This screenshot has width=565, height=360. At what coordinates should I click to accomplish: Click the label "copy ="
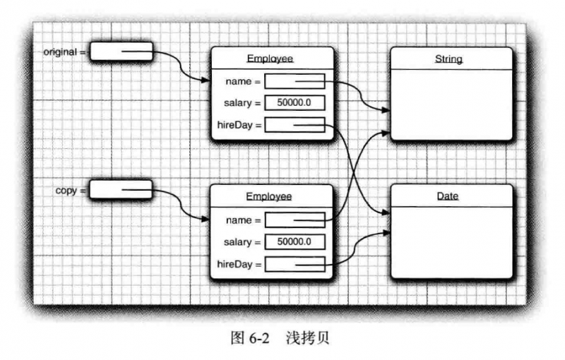pyautogui.click(x=71, y=190)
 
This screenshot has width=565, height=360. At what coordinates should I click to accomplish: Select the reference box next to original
pyautogui.click(x=121, y=52)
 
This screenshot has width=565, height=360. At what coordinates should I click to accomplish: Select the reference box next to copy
pyautogui.click(x=121, y=189)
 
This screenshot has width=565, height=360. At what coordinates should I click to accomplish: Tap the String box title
pyautogui.click(x=448, y=59)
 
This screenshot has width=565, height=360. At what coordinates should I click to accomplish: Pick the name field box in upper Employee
pyautogui.click(x=295, y=81)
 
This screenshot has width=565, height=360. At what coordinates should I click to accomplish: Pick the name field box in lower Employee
pyautogui.click(x=295, y=220)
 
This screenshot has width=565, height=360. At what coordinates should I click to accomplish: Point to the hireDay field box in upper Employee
pyautogui.click(x=295, y=126)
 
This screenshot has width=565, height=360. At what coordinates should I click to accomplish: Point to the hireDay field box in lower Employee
pyautogui.click(x=295, y=265)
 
